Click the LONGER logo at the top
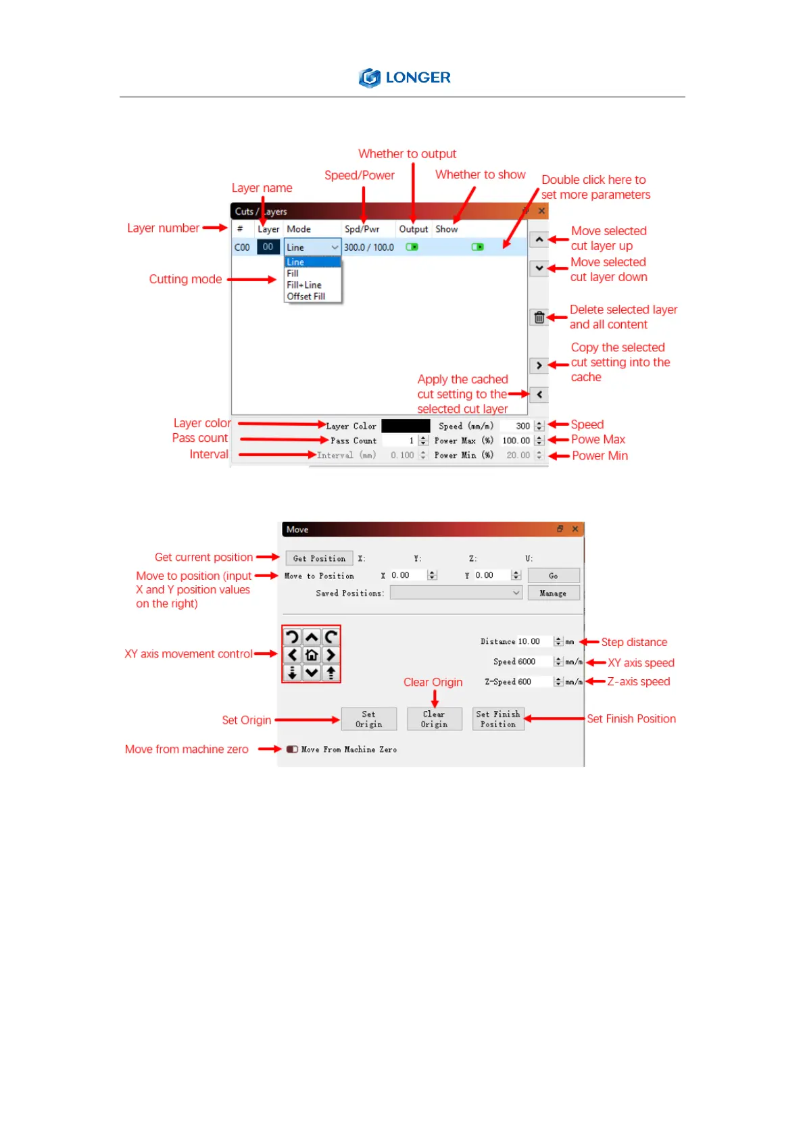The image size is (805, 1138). click(404, 78)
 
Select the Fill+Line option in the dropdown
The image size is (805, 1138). click(304, 285)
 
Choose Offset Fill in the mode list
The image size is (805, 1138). click(306, 297)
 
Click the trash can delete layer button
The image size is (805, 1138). click(539, 318)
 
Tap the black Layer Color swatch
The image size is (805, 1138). click(406, 426)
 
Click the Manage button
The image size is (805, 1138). click(553, 593)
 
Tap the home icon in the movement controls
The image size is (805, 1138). click(312, 655)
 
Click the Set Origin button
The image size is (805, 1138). click(368, 719)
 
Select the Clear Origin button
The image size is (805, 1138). click(434, 719)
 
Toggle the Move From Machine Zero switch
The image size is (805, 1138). click(292, 749)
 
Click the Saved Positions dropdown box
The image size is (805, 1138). click(456, 593)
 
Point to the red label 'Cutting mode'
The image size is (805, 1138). click(185, 280)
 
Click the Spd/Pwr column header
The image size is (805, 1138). click(362, 229)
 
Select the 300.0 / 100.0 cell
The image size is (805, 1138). click(369, 247)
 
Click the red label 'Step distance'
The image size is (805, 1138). click(634, 642)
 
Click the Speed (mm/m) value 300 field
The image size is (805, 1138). click(518, 426)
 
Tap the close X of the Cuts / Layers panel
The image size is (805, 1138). click(541, 211)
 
